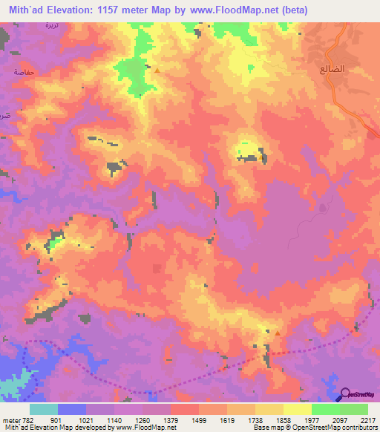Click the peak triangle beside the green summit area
click(x=157, y=70)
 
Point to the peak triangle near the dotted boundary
click(x=277, y=333)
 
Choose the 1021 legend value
click(x=85, y=419)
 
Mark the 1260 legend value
click(x=142, y=419)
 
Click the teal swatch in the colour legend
click(x=44, y=409)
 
